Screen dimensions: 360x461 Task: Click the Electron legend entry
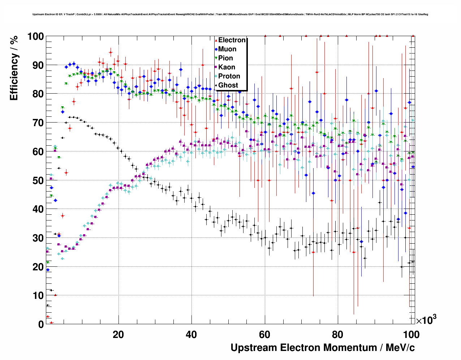[232, 40]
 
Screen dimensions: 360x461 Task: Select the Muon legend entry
[227, 49]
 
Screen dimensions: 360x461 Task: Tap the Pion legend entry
[225, 58]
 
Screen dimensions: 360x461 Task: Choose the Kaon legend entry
[227, 67]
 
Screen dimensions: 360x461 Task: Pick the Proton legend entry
[229, 76]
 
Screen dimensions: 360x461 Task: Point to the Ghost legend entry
[228, 85]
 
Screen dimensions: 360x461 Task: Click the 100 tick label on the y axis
[35, 37]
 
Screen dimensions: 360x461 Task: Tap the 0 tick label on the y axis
[41, 324]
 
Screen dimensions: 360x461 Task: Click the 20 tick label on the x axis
[118, 334]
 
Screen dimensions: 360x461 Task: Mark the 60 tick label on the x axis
[265, 334]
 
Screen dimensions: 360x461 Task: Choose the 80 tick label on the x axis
[338, 334]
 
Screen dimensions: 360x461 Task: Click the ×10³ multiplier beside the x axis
[426, 320]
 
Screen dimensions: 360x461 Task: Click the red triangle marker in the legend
[216, 40]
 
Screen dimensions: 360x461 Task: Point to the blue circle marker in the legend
[216, 49]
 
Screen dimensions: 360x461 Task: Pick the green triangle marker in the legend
[216, 58]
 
